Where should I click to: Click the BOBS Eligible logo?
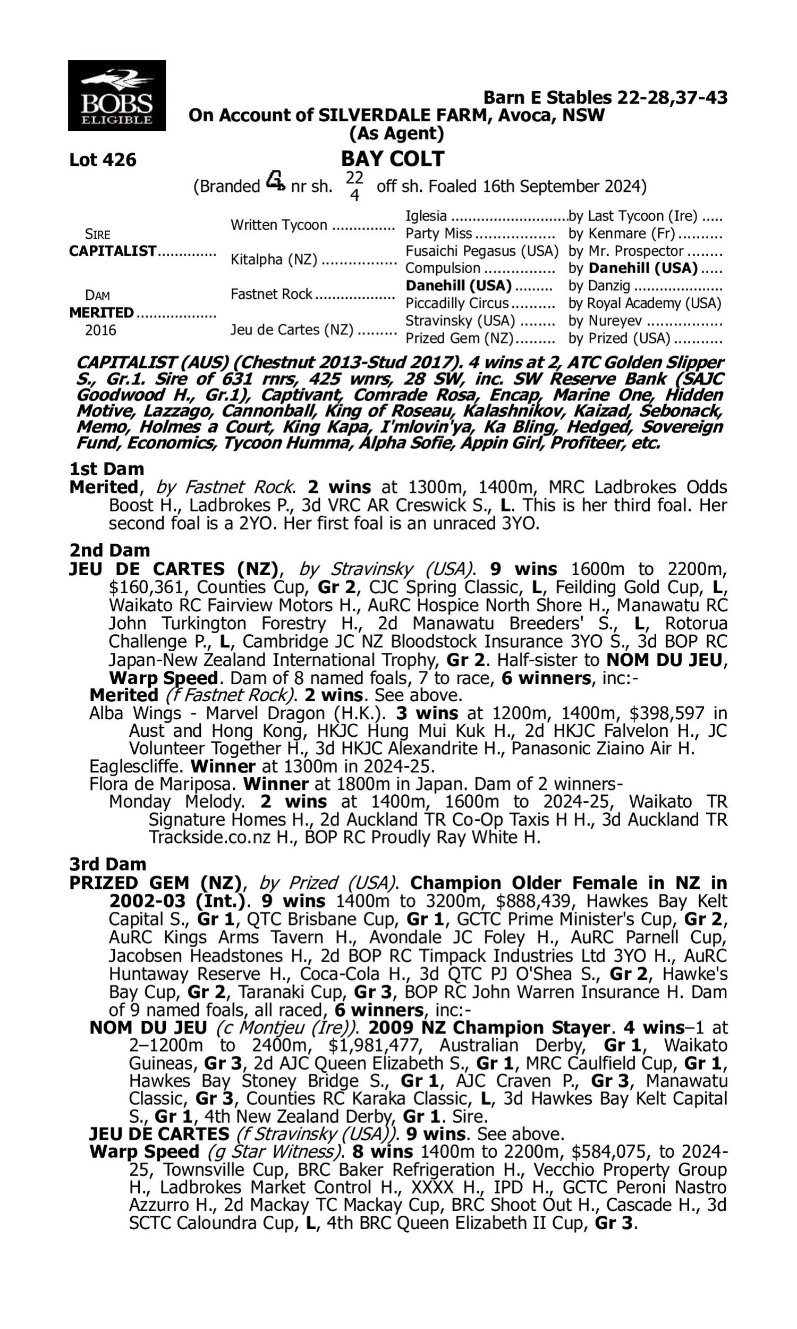point(116,95)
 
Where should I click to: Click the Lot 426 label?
point(103,160)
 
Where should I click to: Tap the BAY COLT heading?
point(393,159)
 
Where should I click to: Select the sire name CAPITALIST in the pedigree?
point(113,251)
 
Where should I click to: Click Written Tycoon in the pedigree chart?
point(279,225)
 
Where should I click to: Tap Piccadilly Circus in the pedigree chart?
point(457,304)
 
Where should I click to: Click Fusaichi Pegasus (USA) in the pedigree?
point(482,251)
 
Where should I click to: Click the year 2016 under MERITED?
point(100,330)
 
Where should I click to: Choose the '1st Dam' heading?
point(107,469)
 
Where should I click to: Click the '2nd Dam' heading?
point(109,550)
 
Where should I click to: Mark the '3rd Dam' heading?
point(108,864)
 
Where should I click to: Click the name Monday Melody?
point(175,802)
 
